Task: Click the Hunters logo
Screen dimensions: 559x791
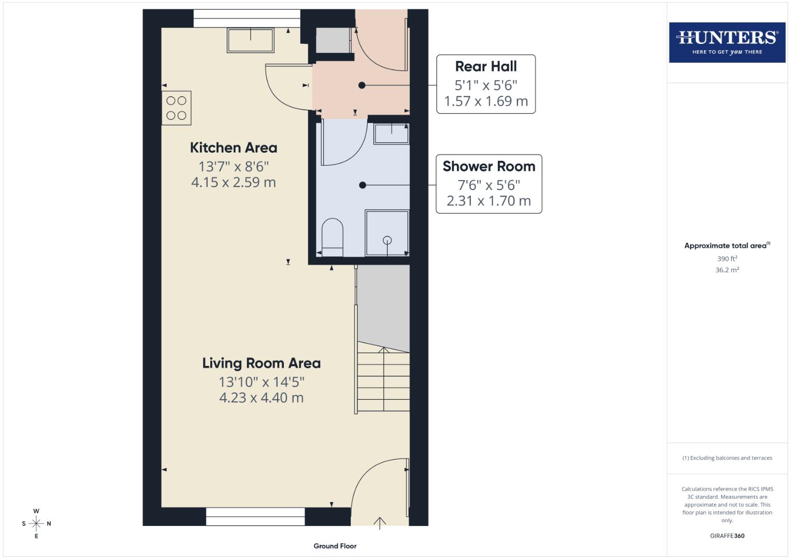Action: point(727,42)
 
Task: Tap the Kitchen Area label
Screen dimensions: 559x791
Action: point(233,148)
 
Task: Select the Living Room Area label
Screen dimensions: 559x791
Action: point(261,363)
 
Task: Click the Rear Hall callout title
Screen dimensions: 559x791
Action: point(486,67)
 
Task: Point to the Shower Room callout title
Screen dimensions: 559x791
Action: point(488,167)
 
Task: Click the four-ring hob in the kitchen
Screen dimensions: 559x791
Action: point(177,108)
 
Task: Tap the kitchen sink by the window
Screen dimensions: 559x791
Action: point(250,40)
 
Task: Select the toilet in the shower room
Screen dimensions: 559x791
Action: point(332,238)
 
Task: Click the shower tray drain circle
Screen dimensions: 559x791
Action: point(387,240)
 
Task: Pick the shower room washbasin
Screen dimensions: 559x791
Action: point(391,134)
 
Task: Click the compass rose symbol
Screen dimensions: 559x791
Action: point(36,523)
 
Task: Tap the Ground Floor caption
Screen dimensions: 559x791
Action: point(335,546)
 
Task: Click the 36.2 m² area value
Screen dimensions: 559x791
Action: point(727,270)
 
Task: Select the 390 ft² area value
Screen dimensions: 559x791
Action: point(727,259)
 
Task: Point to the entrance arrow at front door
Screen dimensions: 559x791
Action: point(380,523)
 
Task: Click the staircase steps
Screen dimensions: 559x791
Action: point(383,380)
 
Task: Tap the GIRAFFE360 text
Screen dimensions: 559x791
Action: point(727,536)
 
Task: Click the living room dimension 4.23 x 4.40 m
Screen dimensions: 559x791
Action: point(261,398)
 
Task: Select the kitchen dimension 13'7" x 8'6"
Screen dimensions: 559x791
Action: point(234,167)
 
